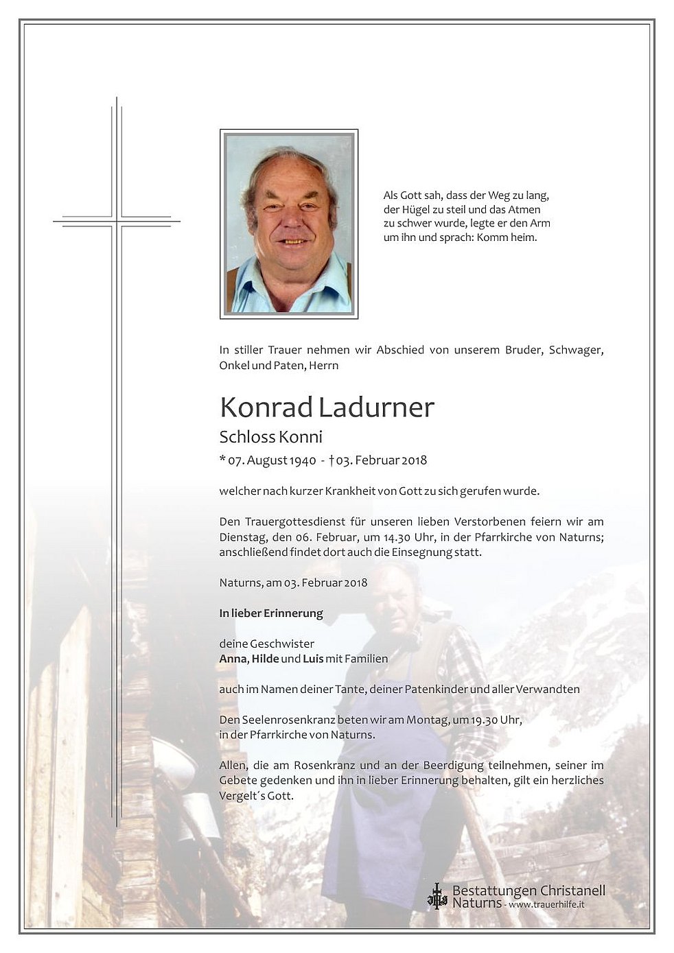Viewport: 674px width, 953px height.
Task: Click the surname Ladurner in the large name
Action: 376,408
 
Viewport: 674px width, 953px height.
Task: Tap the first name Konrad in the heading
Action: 266,408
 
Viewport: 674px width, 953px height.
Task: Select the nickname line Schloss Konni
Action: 270,437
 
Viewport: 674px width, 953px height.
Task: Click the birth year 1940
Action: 303,460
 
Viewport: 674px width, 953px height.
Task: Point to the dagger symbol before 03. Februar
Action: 332,460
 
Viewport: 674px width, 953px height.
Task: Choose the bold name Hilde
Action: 265,659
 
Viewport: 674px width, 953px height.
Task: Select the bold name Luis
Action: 313,659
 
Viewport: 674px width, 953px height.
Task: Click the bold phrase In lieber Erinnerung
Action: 270,613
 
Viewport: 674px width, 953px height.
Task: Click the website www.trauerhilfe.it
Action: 547,905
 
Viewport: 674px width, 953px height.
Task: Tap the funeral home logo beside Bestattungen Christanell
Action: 437,896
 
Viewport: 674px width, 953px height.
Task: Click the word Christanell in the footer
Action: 572,891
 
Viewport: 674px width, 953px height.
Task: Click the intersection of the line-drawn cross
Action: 117,221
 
